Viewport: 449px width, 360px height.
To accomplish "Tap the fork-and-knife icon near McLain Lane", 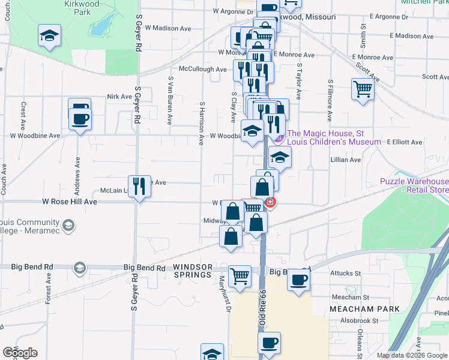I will point(139,187).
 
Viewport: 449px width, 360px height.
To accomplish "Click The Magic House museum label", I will point(333,137).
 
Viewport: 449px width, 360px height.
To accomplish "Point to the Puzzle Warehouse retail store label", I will point(414,186).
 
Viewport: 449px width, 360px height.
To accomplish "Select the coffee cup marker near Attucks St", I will point(298,280).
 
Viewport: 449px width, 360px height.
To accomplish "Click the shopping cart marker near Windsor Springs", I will point(240,277).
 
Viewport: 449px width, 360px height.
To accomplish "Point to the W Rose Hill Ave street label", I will point(70,202).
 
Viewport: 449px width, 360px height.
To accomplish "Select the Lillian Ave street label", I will point(346,160).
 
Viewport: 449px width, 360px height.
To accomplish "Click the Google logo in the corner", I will point(20,352).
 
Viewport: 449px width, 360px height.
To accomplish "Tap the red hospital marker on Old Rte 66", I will point(271,203).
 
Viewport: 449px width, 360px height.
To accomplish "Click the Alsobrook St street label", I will point(359,321).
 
